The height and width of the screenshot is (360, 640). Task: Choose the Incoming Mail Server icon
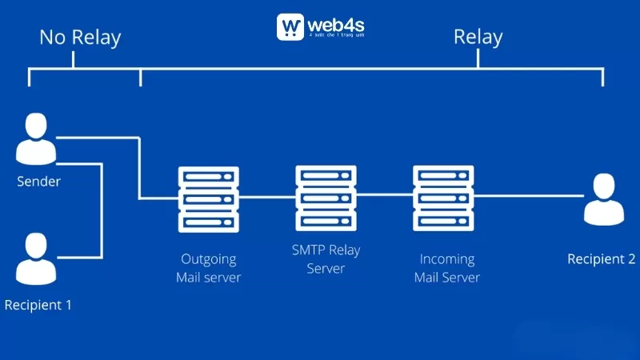(x=444, y=198)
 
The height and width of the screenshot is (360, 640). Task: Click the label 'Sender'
(x=38, y=182)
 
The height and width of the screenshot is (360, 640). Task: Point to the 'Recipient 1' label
(x=38, y=305)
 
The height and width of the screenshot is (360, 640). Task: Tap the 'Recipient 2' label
(x=601, y=259)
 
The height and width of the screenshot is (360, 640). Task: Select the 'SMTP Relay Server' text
(x=326, y=259)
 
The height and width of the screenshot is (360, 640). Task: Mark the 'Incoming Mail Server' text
(x=446, y=268)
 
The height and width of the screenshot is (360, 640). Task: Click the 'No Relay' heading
(x=80, y=37)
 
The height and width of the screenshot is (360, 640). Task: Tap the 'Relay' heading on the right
(x=478, y=37)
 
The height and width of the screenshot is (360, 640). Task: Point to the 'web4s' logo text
(x=336, y=24)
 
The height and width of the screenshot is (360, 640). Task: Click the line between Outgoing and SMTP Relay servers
(x=267, y=197)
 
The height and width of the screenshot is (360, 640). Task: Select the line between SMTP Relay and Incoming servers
(x=385, y=197)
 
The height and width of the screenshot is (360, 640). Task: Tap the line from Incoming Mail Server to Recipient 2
(x=528, y=197)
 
